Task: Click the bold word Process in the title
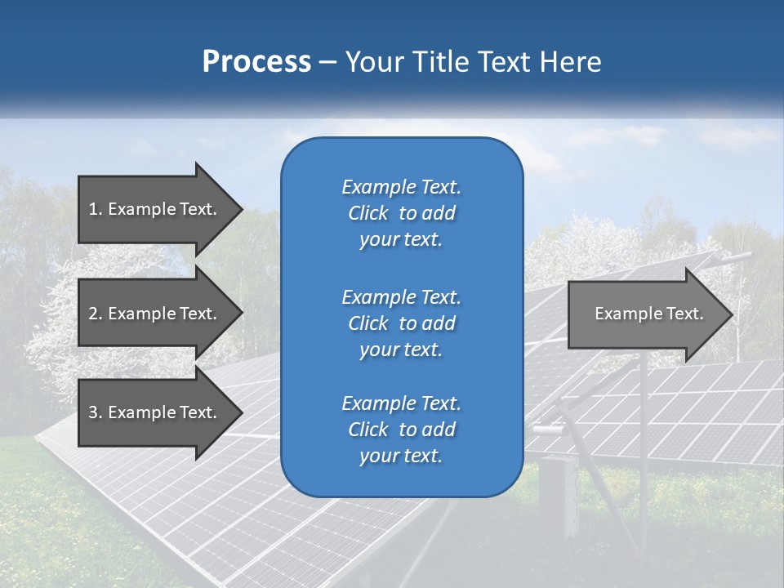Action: pos(256,62)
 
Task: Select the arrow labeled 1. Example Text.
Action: pos(152,209)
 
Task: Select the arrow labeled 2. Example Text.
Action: pos(152,314)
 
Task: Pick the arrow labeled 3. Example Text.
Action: pos(152,412)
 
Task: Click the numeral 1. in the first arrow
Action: pos(95,209)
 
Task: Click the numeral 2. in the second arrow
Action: pos(95,314)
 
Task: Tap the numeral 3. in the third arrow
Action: pos(95,412)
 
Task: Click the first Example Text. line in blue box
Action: pos(401,187)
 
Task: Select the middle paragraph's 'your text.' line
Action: pos(401,350)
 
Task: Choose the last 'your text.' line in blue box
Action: pos(401,457)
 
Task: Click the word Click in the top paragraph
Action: pos(367,213)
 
